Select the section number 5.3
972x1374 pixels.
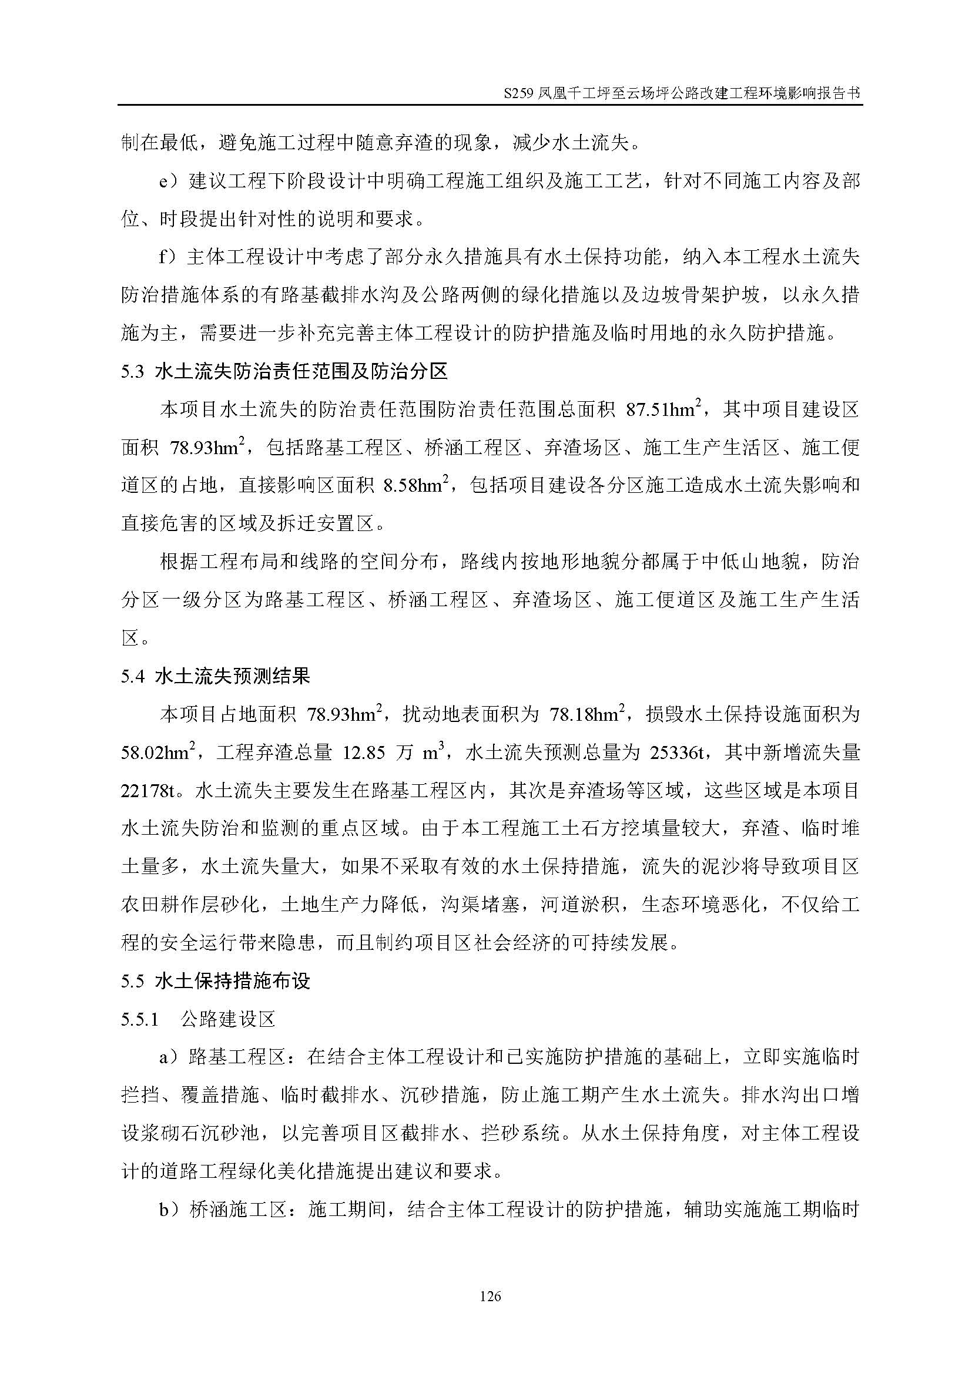point(133,372)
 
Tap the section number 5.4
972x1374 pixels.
point(133,676)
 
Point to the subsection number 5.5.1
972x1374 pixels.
point(140,1019)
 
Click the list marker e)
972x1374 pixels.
point(169,182)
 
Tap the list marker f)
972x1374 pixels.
point(168,257)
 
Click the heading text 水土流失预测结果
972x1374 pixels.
point(232,676)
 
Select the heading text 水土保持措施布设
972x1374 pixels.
point(232,982)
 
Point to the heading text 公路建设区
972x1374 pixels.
point(227,1019)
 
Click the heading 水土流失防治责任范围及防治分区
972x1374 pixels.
point(300,372)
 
